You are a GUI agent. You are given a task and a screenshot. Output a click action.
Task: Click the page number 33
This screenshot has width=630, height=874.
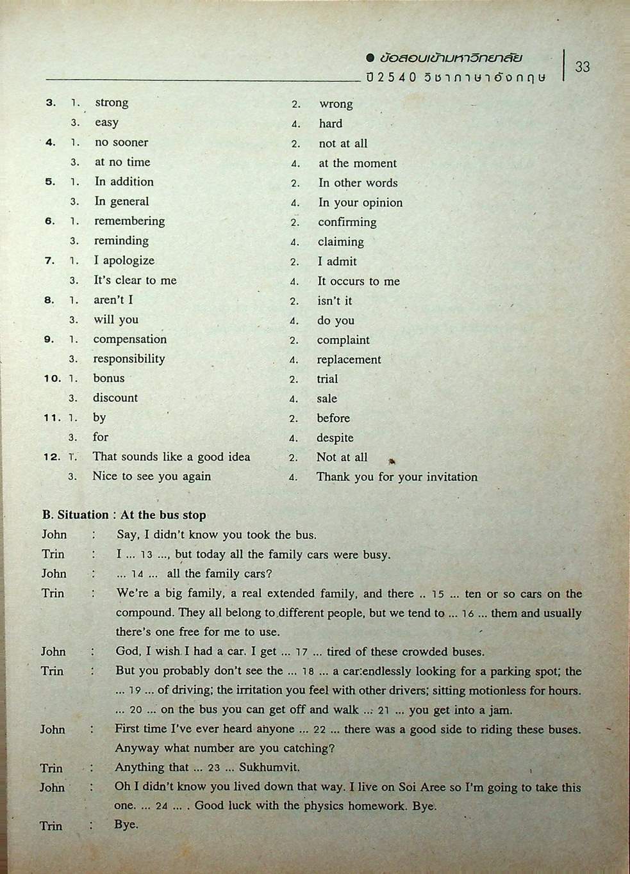[582, 67]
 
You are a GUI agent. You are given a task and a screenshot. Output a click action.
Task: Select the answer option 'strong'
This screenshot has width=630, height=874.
[112, 102]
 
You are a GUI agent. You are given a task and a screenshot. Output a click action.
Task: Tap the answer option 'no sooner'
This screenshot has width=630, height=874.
[121, 142]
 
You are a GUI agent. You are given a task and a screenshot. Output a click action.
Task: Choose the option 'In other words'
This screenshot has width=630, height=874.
[358, 182]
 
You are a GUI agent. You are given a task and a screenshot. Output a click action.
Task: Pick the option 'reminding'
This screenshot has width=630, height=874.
[121, 241]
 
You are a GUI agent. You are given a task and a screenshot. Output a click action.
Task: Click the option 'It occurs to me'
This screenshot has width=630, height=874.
[358, 281]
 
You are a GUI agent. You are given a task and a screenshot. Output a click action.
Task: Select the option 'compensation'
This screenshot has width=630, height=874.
[129, 339]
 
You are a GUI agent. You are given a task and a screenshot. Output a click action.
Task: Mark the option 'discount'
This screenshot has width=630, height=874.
[115, 398]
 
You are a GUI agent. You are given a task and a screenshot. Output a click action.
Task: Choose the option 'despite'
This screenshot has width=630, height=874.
[335, 438]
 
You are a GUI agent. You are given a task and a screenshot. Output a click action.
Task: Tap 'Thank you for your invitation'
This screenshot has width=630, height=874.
[397, 477]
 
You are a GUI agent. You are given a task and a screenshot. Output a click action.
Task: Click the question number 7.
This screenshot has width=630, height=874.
[49, 261]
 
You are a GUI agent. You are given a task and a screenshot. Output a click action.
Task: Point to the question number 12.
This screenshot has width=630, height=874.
[51, 457]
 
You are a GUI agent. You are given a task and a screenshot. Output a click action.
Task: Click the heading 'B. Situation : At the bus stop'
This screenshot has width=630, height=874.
[124, 515]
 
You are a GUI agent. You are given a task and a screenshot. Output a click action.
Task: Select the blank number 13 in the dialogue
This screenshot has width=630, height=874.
[146, 555]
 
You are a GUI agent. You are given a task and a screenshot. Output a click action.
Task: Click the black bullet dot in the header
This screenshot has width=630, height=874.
[370, 58]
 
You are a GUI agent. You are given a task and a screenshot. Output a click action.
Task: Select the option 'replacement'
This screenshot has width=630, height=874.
[349, 360]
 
